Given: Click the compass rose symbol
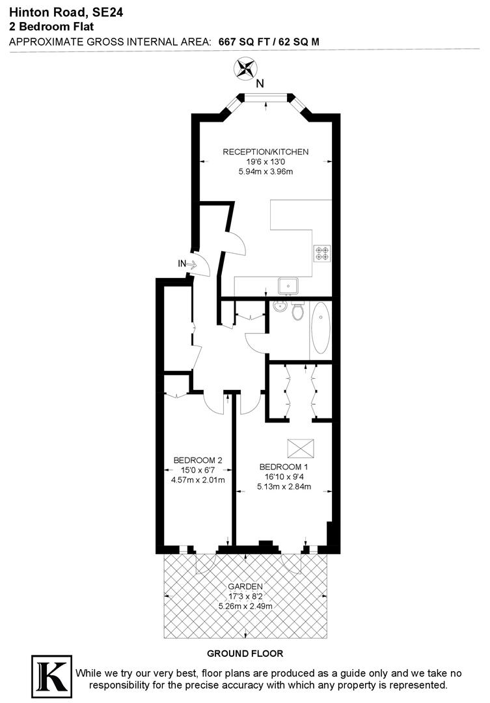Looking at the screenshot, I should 245,68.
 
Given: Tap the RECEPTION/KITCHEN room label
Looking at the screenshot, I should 265,152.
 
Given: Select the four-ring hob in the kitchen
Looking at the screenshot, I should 322,253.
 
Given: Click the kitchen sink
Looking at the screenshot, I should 288,285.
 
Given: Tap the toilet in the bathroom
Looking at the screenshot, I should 297,311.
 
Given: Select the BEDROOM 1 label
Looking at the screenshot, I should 283,467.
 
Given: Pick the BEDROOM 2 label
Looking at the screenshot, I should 198,460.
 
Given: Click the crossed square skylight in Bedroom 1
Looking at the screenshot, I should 301,448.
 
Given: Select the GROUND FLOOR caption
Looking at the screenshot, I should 245,653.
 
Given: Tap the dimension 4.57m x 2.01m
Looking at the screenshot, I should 198,481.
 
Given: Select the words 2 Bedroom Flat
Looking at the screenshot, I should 51,26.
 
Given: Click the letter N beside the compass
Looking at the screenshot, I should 260,83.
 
